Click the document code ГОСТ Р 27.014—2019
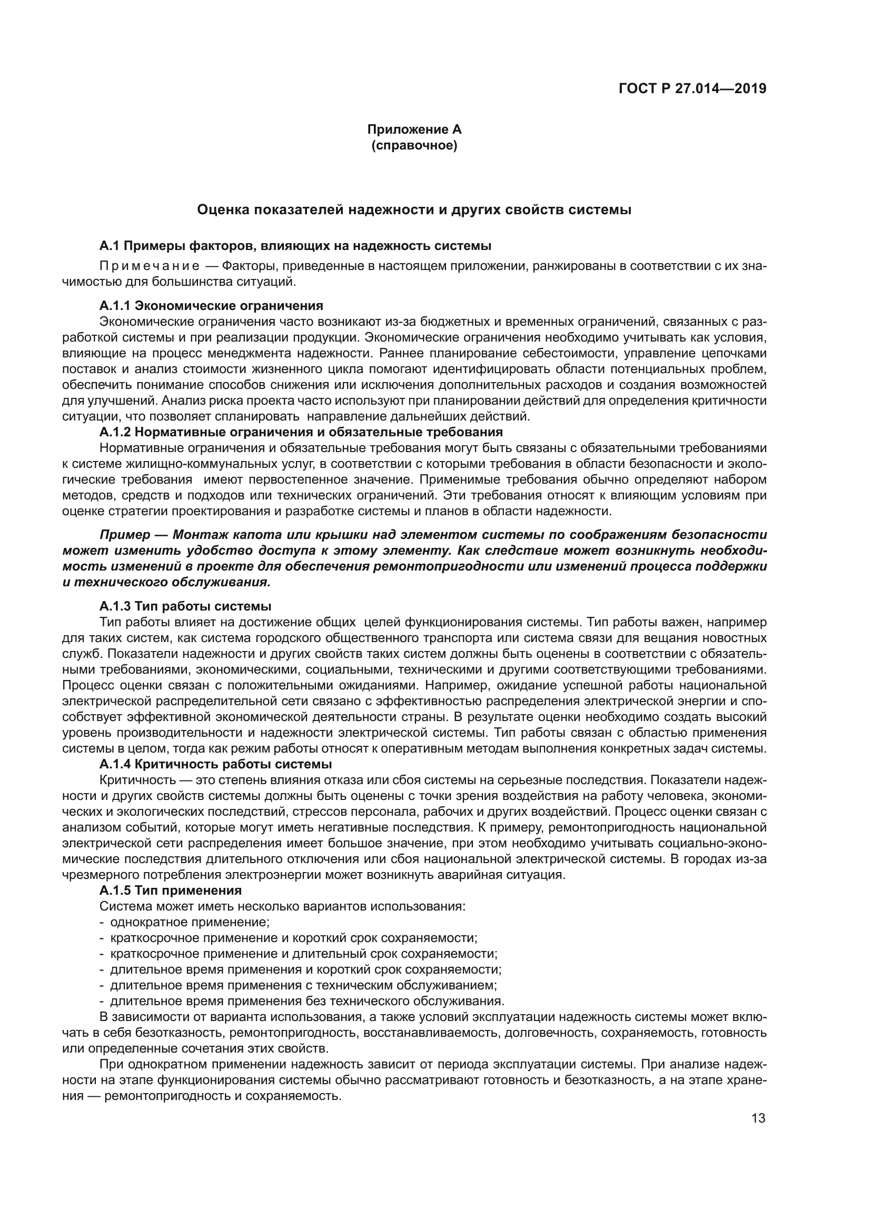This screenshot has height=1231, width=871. coord(692,89)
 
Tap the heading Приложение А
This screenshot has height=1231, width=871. coord(414,130)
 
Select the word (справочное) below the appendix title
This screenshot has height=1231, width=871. coord(414,146)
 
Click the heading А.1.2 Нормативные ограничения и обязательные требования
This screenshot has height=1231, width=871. coord(301,432)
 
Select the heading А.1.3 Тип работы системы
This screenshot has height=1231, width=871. coord(185,606)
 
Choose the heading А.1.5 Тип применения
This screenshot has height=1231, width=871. coord(171,890)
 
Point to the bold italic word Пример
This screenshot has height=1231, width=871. coord(124,535)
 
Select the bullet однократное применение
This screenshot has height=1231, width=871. coord(190,922)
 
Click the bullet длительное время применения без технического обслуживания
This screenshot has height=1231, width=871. coord(307,1001)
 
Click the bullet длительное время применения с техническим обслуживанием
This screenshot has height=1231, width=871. coord(303,985)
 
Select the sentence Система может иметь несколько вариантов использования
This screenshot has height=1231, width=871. coord(282,907)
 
